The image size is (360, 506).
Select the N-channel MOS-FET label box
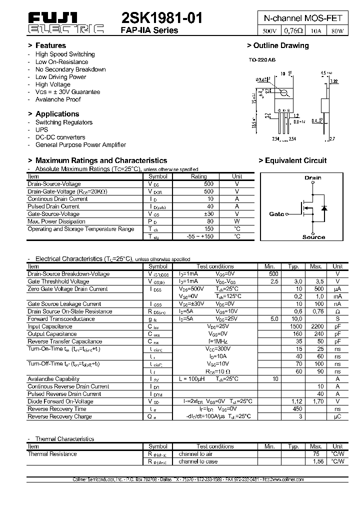(x=303, y=17)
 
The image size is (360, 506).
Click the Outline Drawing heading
(x=278, y=45)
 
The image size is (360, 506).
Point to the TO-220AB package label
(x=262, y=60)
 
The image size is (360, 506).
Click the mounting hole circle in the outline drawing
(x=283, y=92)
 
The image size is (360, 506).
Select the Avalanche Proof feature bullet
(x=58, y=99)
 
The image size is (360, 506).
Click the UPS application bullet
(x=41, y=129)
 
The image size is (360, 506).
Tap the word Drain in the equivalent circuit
(x=313, y=177)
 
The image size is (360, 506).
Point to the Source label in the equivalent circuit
(x=313, y=237)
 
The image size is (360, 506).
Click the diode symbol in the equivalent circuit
(x=323, y=208)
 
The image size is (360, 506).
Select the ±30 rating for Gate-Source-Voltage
(x=199, y=214)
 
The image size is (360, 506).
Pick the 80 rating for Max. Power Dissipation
(x=199, y=221)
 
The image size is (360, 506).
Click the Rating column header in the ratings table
(x=199, y=176)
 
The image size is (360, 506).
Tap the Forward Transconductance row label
(x=61, y=319)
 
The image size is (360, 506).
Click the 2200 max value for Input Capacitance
(x=315, y=326)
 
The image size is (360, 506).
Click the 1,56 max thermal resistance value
(x=315, y=461)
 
